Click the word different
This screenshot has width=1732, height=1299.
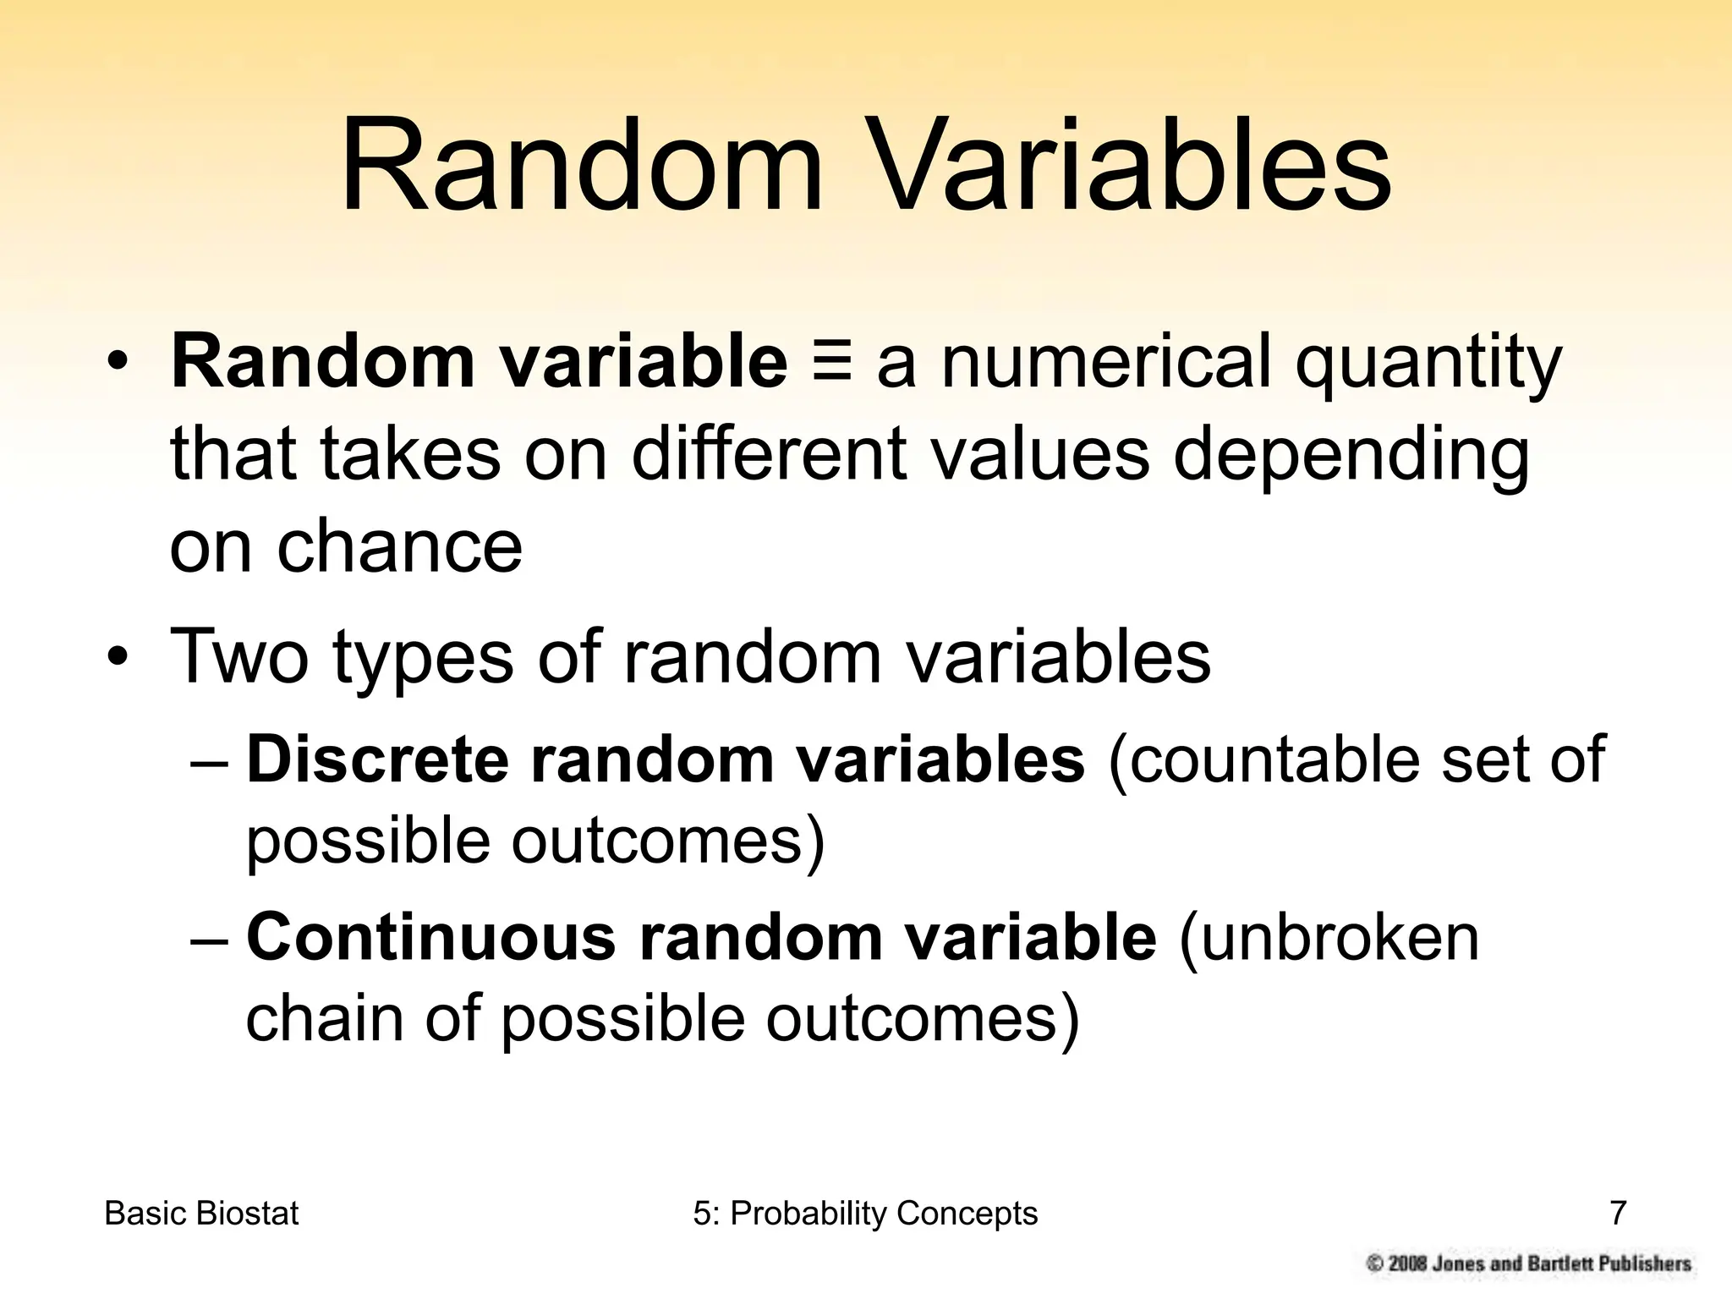[x=768, y=454]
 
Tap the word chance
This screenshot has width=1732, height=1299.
[x=399, y=546]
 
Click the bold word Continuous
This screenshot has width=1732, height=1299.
[x=430, y=937]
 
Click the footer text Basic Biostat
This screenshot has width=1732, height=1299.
[x=201, y=1214]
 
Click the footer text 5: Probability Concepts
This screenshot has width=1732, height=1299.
[x=865, y=1214]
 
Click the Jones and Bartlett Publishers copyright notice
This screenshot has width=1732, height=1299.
[x=1529, y=1263]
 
